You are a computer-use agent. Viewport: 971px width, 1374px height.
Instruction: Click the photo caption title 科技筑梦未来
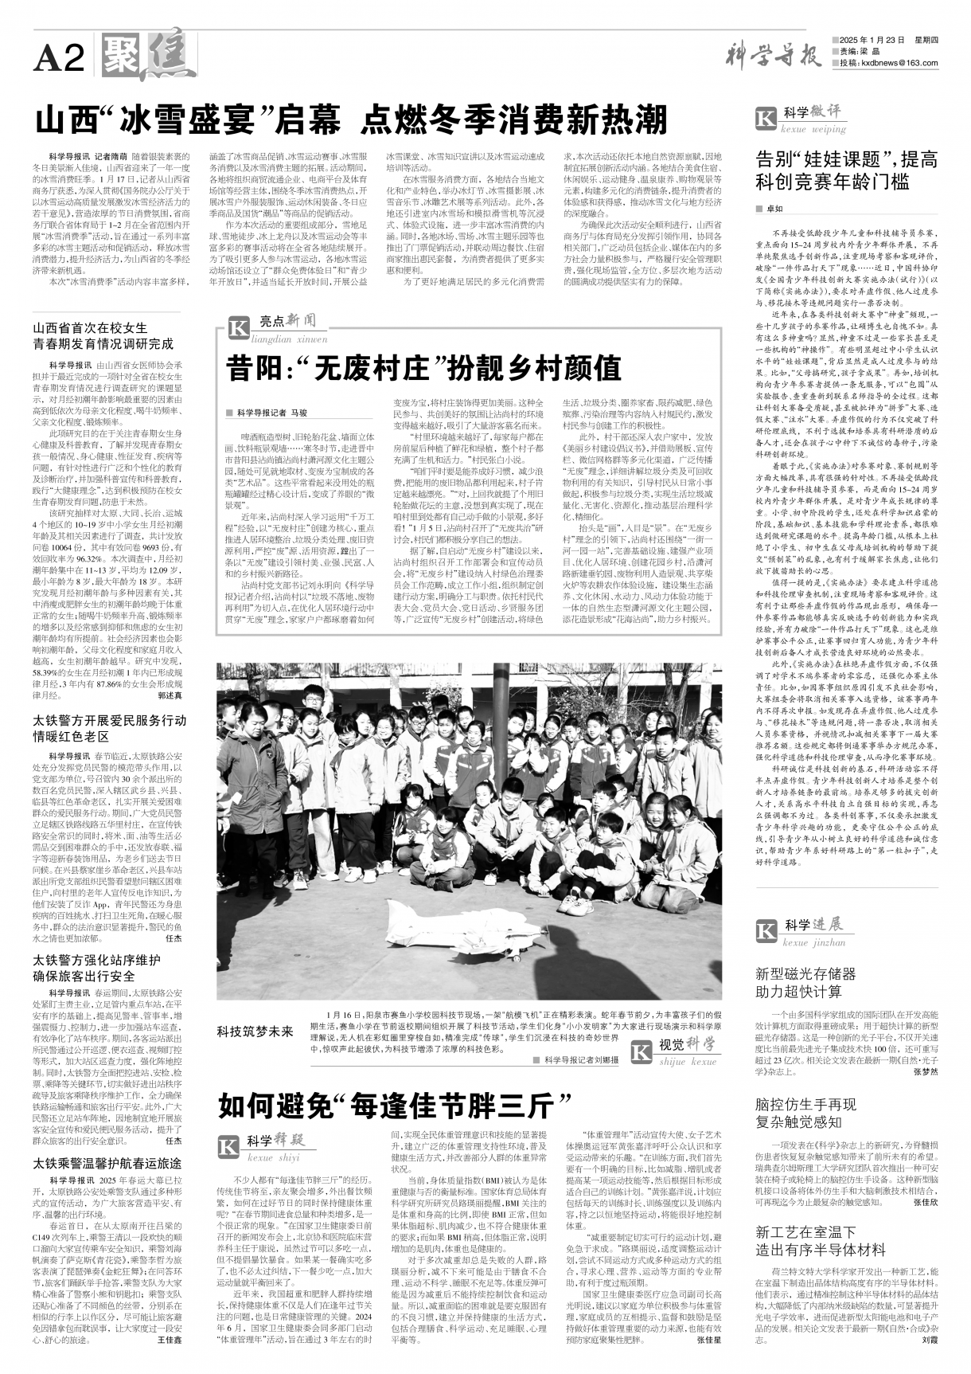point(255,1031)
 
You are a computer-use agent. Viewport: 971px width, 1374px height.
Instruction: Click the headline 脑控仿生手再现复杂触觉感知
point(805,1113)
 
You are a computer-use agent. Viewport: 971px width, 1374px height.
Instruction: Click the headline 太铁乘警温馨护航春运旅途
point(107,1163)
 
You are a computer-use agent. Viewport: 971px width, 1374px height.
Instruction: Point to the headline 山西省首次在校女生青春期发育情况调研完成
point(101,335)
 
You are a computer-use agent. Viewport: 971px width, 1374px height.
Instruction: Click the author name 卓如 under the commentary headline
point(774,209)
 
